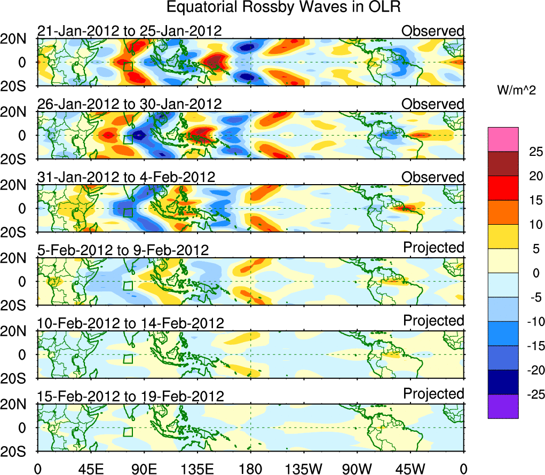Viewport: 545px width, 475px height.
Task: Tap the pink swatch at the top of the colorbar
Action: (502, 139)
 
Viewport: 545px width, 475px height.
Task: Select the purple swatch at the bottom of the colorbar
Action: (502, 406)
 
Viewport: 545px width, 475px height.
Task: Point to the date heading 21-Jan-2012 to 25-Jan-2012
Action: (129, 31)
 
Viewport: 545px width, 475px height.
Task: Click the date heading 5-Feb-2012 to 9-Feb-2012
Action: (123, 250)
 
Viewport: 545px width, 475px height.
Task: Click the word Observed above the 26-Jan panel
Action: (433, 104)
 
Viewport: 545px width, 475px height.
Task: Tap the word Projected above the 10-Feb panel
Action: (433, 321)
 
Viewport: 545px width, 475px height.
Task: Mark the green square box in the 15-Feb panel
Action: (128, 432)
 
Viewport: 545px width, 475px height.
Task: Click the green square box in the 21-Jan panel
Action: (128, 66)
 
